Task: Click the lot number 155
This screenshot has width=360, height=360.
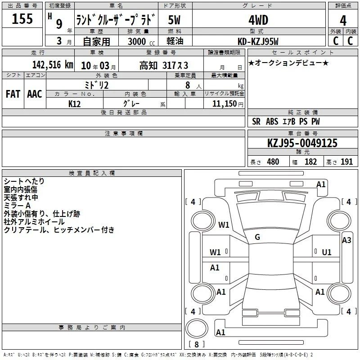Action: coord(22,18)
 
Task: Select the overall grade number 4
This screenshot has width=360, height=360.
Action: coord(343,21)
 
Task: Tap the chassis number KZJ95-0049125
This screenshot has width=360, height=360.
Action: coord(302,143)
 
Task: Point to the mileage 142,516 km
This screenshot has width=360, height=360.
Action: coord(53,65)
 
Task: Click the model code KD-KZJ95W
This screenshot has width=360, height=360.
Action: coord(258,41)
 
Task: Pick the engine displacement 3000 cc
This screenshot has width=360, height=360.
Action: coord(141,41)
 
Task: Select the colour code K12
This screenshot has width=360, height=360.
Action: coord(74,104)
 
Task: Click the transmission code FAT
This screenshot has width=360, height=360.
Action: coord(13,94)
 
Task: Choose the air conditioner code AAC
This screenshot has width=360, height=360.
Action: coord(35,94)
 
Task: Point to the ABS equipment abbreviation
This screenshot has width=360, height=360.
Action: coord(272,121)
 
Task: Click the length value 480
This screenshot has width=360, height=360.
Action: coord(273,162)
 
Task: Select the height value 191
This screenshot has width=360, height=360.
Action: coord(346,162)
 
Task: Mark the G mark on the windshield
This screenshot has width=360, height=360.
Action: coord(257,237)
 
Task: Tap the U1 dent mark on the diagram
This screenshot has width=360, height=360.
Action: coord(327,252)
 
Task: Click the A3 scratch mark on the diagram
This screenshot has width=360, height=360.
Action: coord(346,240)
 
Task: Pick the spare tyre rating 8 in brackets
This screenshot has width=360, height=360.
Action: coord(197,344)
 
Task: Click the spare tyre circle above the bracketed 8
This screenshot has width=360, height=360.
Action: coord(197,328)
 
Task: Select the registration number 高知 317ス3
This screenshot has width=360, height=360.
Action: coord(164,66)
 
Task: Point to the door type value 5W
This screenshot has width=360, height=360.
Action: coord(174,20)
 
